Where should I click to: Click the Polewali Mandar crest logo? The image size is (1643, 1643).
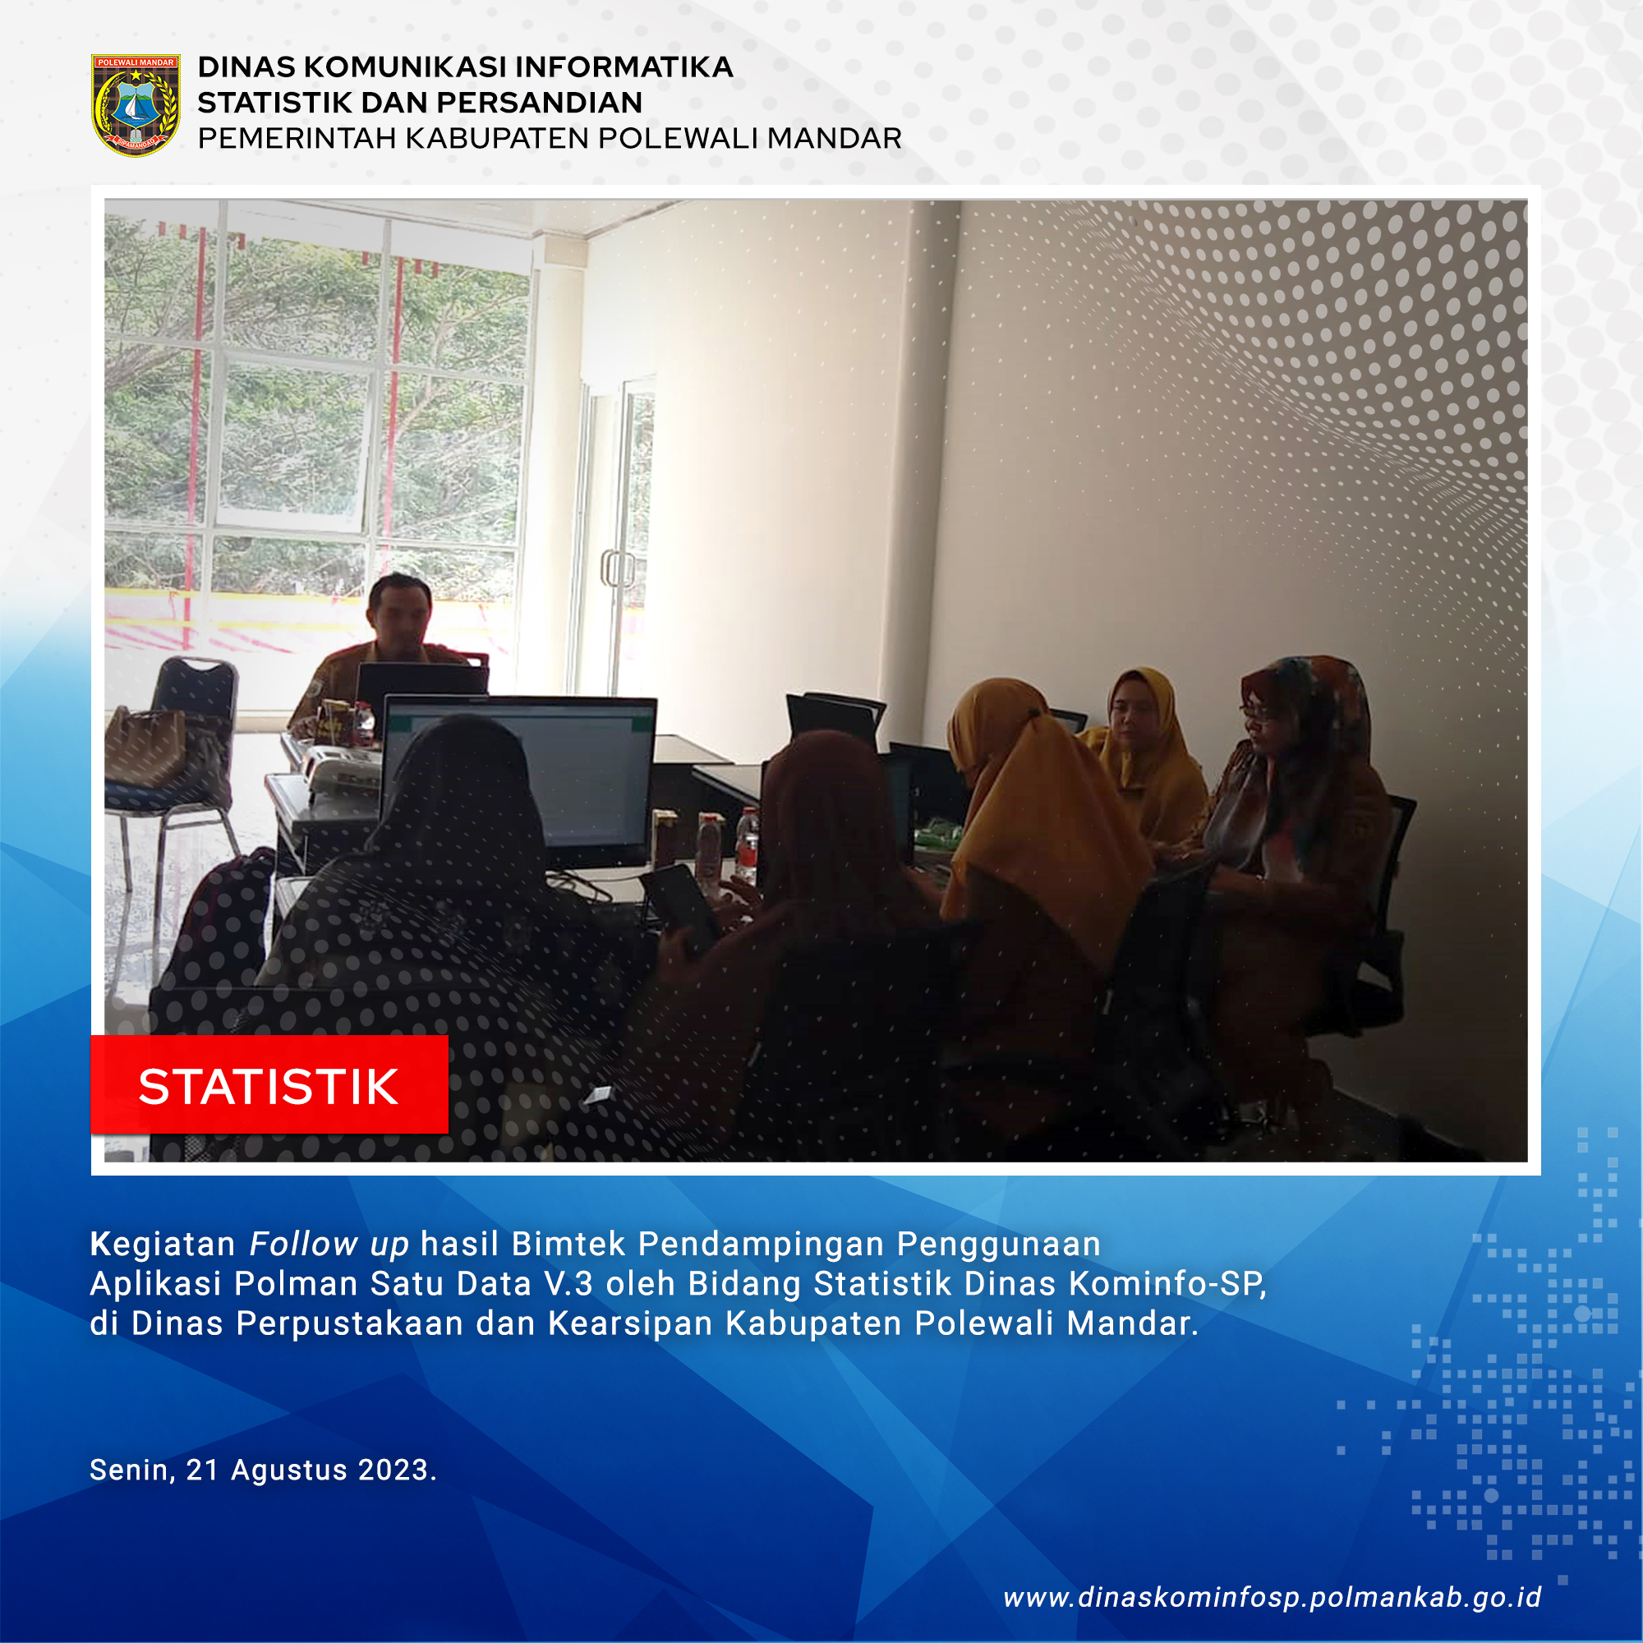click(136, 104)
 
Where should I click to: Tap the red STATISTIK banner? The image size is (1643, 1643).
click(269, 1085)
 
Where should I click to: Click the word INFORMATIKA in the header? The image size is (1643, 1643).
click(624, 67)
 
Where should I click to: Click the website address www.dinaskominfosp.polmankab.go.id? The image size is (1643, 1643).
click(1273, 1597)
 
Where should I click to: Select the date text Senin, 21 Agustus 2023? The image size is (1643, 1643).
click(263, 1470)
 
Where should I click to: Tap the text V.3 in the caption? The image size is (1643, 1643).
click(568, 1284)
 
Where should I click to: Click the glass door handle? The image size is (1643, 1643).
click(619, 568)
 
